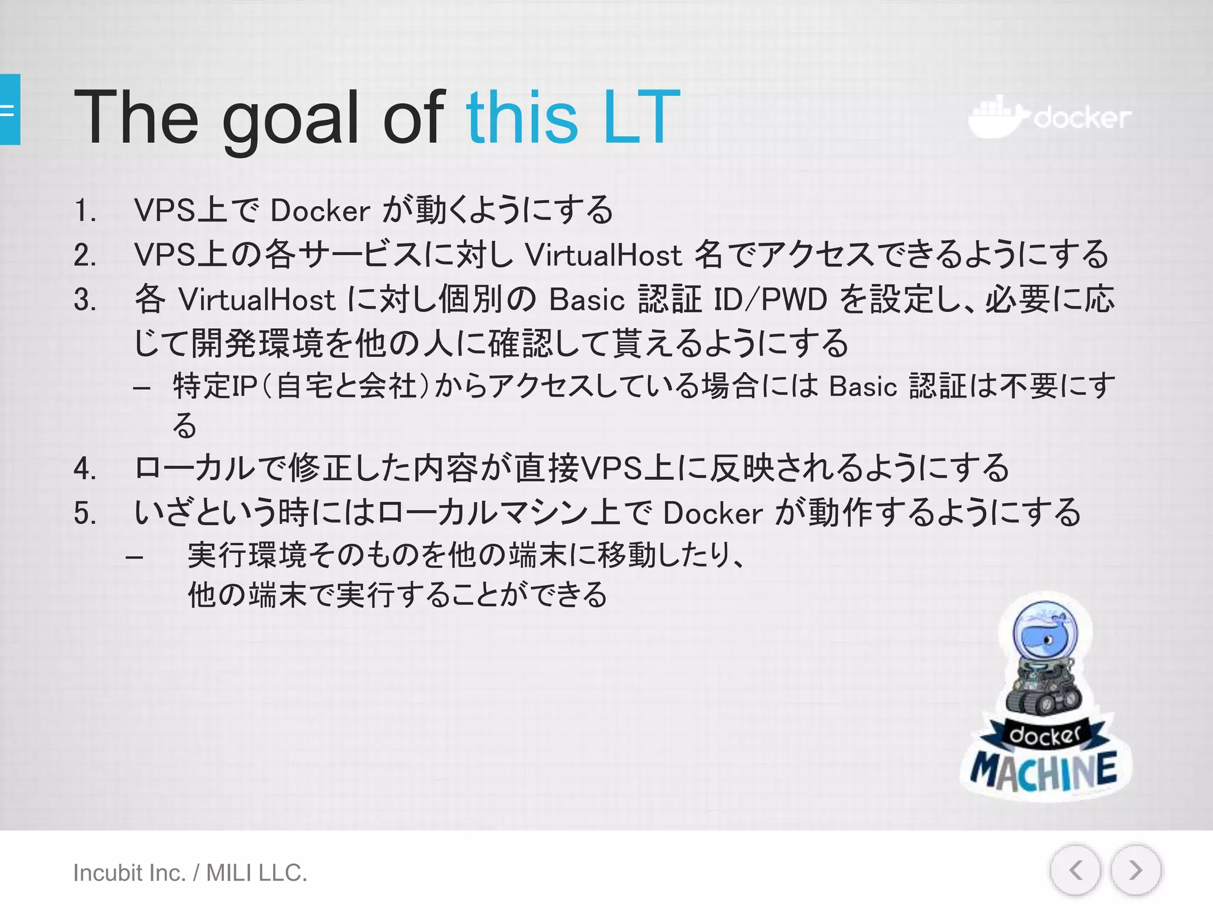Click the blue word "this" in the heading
[521, 117]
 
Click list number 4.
[85, 469]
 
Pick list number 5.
[85, 513]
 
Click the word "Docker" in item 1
[320, 211]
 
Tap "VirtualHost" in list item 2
[603, 255]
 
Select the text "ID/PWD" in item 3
[770, 300]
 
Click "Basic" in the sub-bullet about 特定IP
[863, 387]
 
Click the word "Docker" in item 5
[713, 513]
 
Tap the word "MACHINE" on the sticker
[1044, 771]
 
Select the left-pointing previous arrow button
[1076, 870]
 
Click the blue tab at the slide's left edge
[9, 110]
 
